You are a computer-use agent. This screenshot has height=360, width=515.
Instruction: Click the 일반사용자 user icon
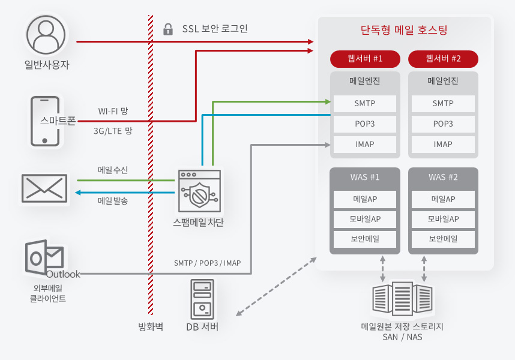46,35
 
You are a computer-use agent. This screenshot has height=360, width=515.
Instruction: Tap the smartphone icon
45,121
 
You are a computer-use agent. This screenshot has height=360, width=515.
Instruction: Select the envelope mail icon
44,188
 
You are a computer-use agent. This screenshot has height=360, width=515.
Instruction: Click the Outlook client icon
44,258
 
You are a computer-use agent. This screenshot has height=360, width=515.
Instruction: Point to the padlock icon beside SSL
168,29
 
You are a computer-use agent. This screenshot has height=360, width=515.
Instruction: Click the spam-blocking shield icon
199,191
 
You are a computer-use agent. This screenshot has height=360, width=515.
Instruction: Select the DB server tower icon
202,299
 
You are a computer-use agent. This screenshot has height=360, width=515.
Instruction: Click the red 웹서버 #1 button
365,59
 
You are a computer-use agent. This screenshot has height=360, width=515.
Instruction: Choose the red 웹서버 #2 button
443,59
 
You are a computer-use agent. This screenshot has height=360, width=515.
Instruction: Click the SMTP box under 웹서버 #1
365,103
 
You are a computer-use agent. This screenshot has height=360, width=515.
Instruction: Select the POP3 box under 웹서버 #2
443,124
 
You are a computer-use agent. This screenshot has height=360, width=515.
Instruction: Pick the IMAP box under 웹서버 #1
365,145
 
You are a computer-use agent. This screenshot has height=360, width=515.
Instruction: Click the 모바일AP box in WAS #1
365,219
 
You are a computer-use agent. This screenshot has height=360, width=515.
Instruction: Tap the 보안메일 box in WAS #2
443,239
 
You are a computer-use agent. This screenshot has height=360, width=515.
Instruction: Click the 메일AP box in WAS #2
443,199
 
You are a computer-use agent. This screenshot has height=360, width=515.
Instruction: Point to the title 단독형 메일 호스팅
404,30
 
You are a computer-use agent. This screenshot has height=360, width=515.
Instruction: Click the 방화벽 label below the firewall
151,326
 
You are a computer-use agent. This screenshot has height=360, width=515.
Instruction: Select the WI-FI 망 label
113,111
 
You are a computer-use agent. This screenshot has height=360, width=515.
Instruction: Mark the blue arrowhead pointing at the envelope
78,193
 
